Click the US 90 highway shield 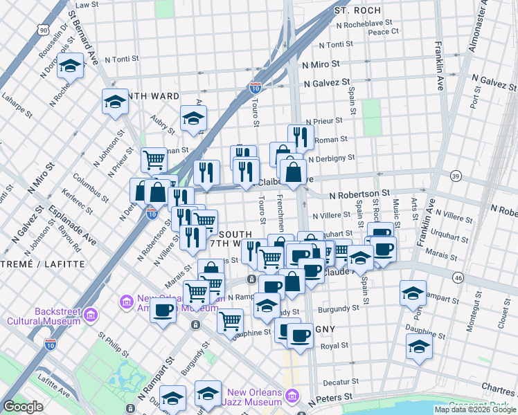(44, 30)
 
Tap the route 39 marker (455, 176)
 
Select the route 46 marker (458, 277)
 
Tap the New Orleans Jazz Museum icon (292, 396)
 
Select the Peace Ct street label (383, 32)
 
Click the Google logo (23, 407)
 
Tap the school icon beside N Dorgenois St (70, 66)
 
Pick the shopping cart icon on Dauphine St (230, 320)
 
